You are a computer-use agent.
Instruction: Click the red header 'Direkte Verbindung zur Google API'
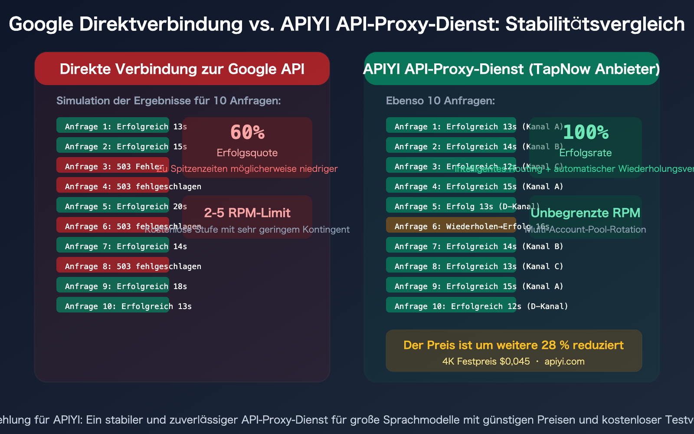pyautogui.click(x=182, y=69)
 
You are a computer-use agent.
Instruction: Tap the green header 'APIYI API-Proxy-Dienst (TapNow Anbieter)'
pyautogui.click(x=511, y=69)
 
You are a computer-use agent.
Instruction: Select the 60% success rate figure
pyautogui.click(x=247, y=132)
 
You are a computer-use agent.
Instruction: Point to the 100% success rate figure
pyautogui.click(x=586, y=132)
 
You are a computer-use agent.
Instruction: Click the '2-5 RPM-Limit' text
pyautogui.click(x=247, y=213)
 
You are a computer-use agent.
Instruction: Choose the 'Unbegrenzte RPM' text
pyautogui.click(x=586, y=213)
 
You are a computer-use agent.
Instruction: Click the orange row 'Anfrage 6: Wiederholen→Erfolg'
pyautogui.click(x=451, y=226)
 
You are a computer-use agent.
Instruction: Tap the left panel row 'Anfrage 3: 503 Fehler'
pyautogui.click(x=113, y=166)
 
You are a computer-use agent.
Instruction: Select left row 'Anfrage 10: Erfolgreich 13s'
pyautogui.click(x=113, y=306)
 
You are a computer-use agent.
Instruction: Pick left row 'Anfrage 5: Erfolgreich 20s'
pyautogui.click(x=113, y=206)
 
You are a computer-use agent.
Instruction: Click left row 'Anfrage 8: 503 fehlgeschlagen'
pyautogui.click(x=113, y=266)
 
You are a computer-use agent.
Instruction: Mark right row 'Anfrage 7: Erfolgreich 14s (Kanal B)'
pyautogui.click(x=451, y=246)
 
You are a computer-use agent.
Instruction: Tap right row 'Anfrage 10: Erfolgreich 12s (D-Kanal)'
pyautogui.click(x=451, y=306)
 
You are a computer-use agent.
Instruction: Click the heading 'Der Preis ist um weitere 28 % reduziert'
pyautogui.click(x=514, y=345)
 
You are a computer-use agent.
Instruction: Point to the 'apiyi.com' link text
pyautogui.click(x=564, y=362)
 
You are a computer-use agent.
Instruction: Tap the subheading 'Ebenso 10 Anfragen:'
pyautogui.click(x=440, y=101)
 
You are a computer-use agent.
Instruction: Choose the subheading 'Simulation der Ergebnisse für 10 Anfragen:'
pyautogui.click(x=169, y=101)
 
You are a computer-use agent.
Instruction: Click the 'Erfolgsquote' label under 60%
pyautogui.click(x=247, y=153)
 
